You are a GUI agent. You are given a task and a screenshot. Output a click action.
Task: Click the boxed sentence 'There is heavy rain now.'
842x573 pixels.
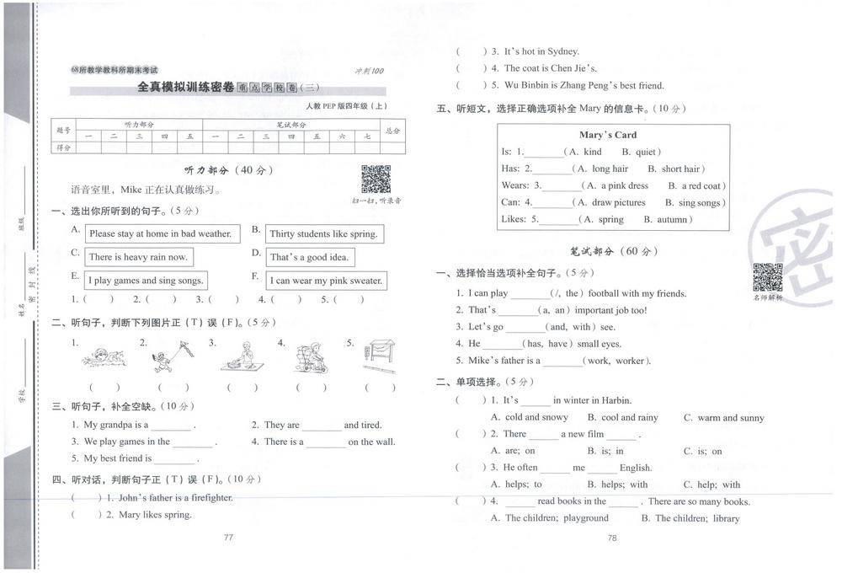click(x=138, y=257)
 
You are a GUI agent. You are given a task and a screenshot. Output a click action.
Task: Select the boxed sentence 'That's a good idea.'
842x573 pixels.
click(x=310, y=257)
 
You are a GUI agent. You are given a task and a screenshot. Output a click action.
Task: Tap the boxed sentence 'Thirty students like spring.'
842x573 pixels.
click(x=323, y=233)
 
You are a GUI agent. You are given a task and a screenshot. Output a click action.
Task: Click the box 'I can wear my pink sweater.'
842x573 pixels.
click(x=326, y=281)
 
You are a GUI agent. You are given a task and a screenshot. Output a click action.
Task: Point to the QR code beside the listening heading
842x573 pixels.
click(x=376, y=179)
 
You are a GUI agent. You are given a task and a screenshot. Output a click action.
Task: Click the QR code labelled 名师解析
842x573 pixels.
click(x=767, y=277)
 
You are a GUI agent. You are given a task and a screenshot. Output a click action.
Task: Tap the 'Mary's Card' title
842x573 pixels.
click(x=608, y=135)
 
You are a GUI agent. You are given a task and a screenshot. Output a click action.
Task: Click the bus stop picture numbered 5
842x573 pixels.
click(x=379, y=357)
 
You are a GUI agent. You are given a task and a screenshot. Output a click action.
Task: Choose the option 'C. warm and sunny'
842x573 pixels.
click(x=723, y=417)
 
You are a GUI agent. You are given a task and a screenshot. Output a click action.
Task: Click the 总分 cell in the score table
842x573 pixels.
click(x=392, y=131)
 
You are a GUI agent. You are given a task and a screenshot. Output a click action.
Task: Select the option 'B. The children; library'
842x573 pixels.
click(x=690, y=518)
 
